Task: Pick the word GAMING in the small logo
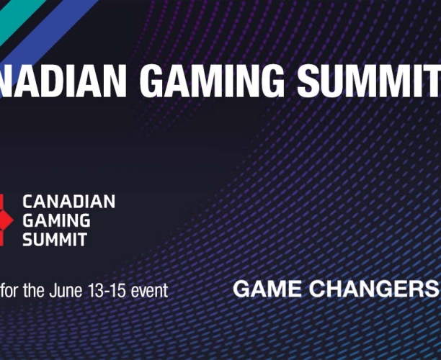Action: [56, 221]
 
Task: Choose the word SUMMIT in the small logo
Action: [55, 240]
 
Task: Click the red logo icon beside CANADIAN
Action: [5, 220]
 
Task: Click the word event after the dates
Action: [149, 291]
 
